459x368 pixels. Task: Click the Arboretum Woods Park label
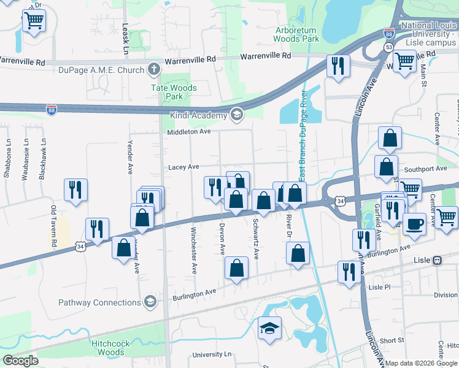point(297,34)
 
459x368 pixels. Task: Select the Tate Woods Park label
point(174,92)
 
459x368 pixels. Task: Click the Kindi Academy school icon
point(236,115)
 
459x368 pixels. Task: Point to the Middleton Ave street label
point(189,131)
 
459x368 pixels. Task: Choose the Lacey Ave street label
point(183,167)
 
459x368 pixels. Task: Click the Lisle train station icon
point(438,259)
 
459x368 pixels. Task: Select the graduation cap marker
point(269,328)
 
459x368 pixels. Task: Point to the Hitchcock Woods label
point(110,348)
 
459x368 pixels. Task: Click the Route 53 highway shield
point(389,47)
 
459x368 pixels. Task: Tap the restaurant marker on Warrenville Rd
point(338,65)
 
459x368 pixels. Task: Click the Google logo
point(20,361)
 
